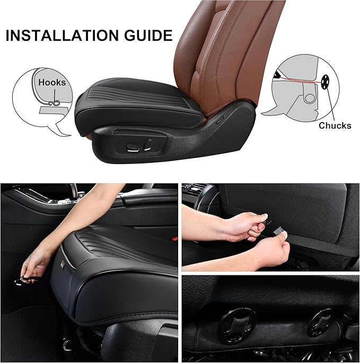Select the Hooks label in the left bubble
point(52,82)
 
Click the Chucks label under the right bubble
point(335,126)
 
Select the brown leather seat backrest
point(223,48)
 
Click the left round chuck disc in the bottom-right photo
point(238,321)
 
